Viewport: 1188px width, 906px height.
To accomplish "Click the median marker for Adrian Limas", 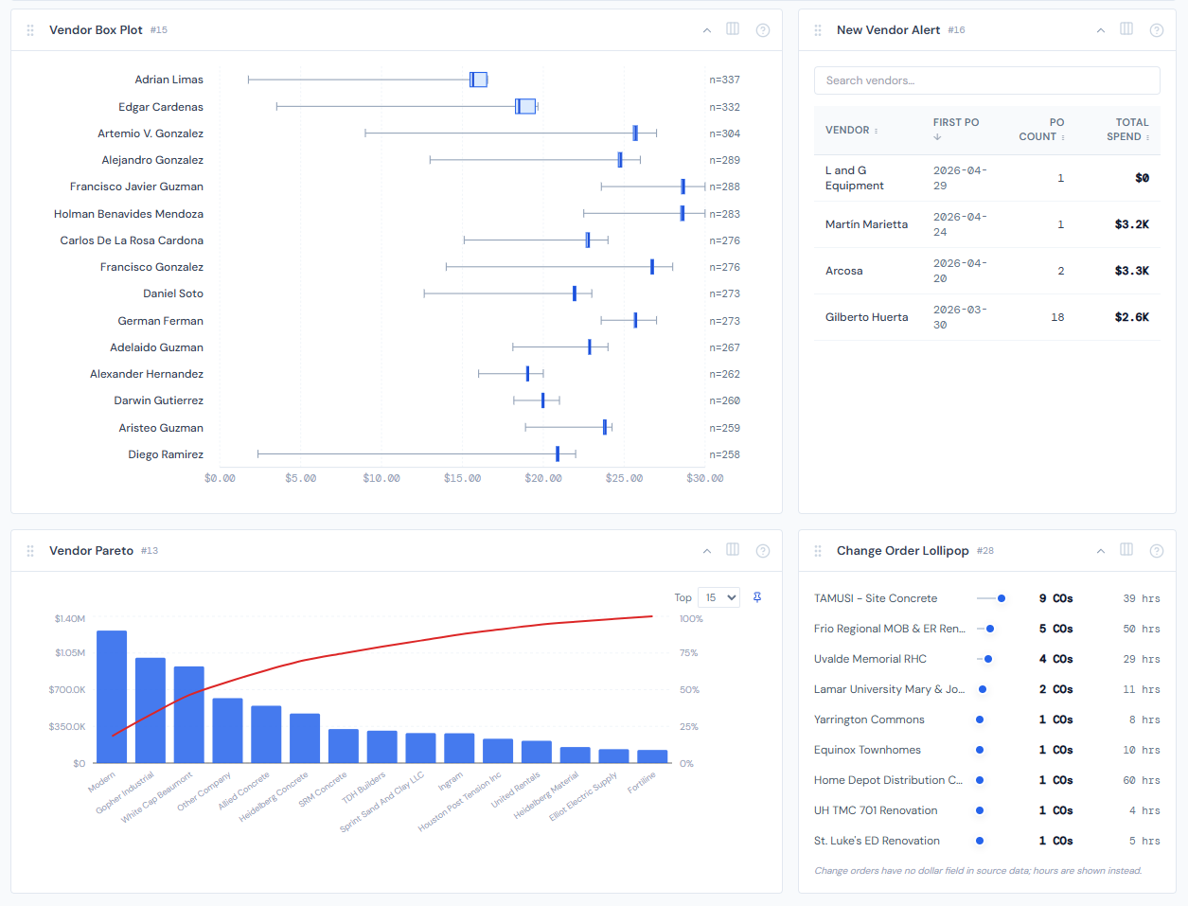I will click(x=472, y=80).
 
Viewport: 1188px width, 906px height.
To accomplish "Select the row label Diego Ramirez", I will click(x=166, y=454).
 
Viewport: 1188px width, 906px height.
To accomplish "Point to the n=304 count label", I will click(x=724, y=133).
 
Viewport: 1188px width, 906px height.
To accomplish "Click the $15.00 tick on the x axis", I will click(x=462, y=478).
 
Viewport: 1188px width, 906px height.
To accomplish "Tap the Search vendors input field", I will click(x=986, y=80).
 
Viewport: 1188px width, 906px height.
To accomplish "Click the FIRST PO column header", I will click(x=955, y=123).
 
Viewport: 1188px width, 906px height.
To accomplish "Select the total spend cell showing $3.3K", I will click(x=1131, y=271).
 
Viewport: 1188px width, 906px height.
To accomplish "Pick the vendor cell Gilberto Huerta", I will click(x=866, y=317).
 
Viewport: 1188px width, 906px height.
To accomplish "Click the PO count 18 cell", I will click(x=1057, y=317).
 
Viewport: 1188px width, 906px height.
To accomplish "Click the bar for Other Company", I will click(x=227, y=730).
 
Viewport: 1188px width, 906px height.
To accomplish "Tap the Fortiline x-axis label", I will click(x=642, y=783).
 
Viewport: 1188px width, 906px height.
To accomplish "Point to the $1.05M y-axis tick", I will click(x=69, y=653).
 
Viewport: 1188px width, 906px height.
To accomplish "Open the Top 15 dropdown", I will click(x=718, y=597).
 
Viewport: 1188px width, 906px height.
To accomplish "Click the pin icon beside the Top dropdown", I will click(x=757, y=597).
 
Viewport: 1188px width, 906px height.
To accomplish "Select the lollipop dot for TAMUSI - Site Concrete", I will click(x=1002, y=598).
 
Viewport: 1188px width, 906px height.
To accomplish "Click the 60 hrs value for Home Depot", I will click(x=1142, y=780).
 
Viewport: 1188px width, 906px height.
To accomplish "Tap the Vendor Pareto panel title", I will click(x=91, y=550).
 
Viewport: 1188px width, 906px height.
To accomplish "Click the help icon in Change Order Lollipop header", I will click(x=1156, y=550).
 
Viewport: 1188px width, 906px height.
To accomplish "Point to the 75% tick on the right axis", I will click(x=688, y=653).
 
